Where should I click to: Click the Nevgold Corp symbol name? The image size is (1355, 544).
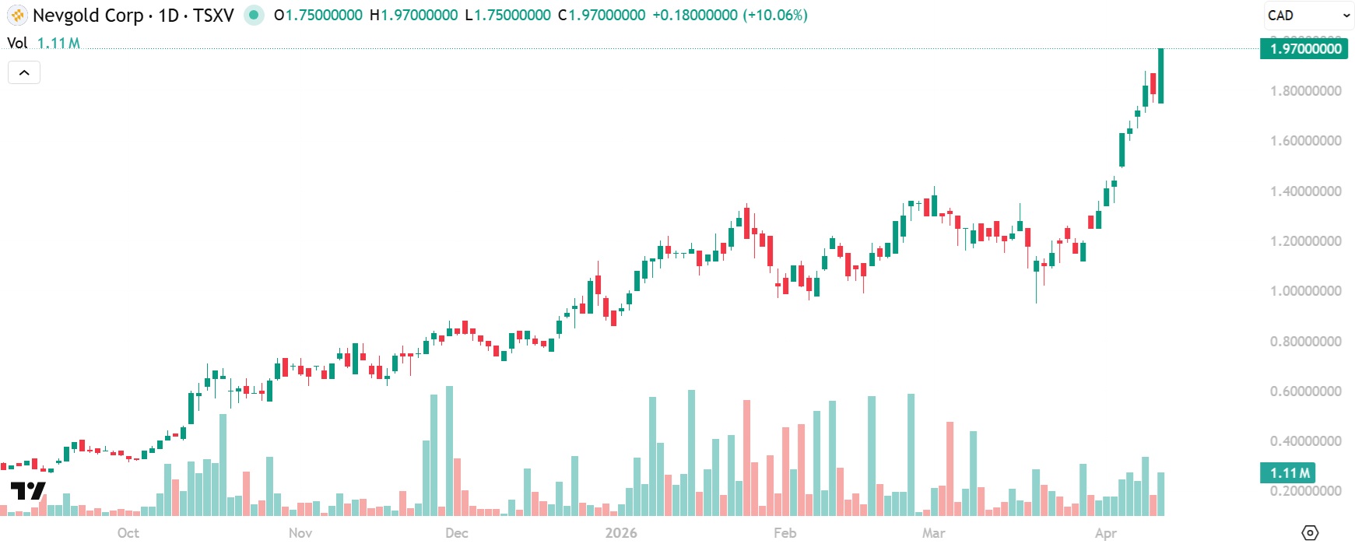click(x=87, y=16)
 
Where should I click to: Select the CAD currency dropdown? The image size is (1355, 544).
click(x=1308, y=16)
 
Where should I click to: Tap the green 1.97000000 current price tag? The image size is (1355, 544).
click(x=1306, y=49)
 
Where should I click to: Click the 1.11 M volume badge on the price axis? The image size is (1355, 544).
click(x=1289, y=472)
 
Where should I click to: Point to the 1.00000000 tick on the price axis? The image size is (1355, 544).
click(x=1305, y=291)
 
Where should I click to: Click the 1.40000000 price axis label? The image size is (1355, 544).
click(x=1305, y=191)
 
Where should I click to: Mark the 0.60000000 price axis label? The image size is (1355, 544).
click(x=1305, y=391)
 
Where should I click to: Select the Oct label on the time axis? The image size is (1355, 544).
click(x=128, y=533)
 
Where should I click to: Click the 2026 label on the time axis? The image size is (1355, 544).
click(x=620, y=533)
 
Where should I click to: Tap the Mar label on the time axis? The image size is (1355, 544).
click(x=933, y=533)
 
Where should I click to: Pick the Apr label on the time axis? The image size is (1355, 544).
click(x=1105, y=533)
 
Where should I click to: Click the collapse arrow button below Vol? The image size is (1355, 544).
click(x=24, y=72)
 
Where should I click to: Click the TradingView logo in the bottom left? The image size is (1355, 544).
click(x=28, y=491)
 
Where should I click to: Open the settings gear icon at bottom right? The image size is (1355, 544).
click(x=1311, y=532)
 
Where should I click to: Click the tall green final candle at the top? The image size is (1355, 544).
click(x=1160, y=75)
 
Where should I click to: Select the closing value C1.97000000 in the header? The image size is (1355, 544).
click(x=602, y=16)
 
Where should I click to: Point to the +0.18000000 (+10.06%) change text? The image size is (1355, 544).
click(x=729, y=16)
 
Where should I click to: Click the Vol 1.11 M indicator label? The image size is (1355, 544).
click(x=44, y=43)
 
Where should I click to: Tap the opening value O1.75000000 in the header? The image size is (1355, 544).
click(x=318, y=16)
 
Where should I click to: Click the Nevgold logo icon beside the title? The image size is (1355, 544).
click(x=17, y=16)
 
